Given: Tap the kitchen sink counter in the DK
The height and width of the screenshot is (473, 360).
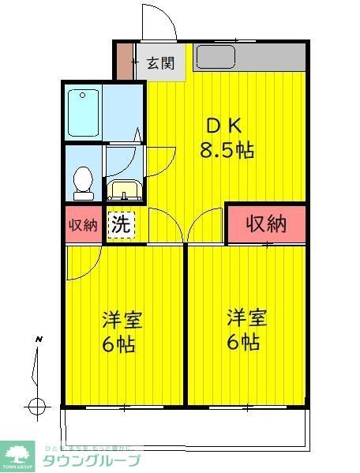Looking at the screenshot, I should (x=249, y=56).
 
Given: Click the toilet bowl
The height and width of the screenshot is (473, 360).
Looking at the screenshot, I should (x=83, y=182).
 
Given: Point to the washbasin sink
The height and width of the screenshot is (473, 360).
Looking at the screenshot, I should (x=124, y=190).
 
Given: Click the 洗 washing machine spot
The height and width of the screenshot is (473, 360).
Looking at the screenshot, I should (x=121, y=224).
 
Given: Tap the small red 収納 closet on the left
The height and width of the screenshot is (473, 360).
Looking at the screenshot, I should (x=83, y=224).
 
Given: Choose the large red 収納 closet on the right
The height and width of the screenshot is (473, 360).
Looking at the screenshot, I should (x=266, y=224).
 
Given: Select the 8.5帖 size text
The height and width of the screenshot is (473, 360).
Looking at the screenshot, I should (x=230, y=151).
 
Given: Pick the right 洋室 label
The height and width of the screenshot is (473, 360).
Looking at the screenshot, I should (x=247, y=319).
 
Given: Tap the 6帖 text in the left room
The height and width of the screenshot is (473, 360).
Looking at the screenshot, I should (x=118, y=344).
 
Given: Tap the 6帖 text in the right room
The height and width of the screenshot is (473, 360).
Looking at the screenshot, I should (x=245, y=342).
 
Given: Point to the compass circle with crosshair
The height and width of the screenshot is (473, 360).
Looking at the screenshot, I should (x=36, y=407).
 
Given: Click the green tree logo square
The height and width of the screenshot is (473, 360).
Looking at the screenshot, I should (x=18, y=456).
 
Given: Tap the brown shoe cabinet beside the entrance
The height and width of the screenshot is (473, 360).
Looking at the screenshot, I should (x=124, y=61).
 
